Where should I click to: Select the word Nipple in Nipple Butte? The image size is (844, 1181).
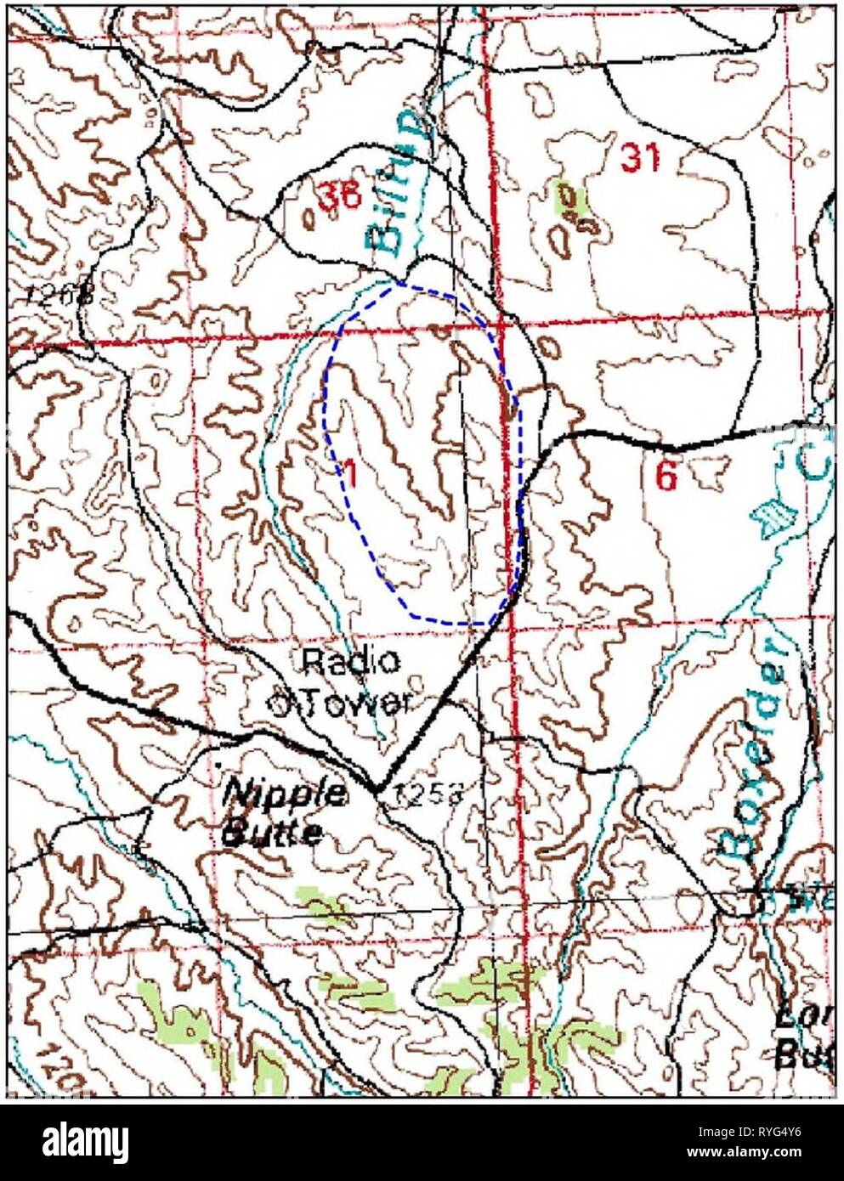284,795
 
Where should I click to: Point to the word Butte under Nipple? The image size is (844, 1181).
271,832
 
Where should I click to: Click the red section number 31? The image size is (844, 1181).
639,157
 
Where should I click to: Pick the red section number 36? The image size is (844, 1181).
339,196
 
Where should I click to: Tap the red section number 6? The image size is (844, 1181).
667,477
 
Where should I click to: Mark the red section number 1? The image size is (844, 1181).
349,471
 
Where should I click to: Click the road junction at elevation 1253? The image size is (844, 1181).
377,790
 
